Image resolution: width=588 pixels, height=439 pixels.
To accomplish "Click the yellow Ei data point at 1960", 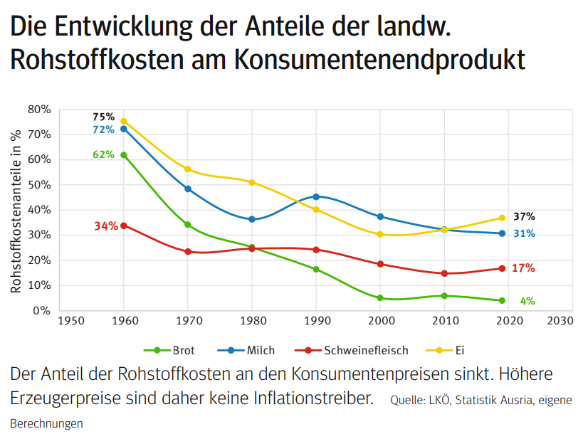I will click(x=124, y=122).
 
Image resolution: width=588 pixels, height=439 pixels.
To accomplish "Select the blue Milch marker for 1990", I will click(x=316, y=196).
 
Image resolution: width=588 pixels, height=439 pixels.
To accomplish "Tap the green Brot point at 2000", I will click(x=380, y=298).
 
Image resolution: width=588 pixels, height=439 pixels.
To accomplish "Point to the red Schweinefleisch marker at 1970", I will click(x=188, y=251).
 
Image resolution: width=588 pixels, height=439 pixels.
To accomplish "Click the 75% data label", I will click(x=103, y=117).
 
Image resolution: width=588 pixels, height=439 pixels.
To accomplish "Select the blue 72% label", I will click(x=103, y=129).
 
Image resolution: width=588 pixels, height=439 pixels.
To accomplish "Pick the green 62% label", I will click(x=103, y=154).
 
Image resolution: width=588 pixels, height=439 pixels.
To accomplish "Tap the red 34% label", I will click(x=105, y=226).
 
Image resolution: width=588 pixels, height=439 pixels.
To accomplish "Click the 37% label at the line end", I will click(x=524, y=216).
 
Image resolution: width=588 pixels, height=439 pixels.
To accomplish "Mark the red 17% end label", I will click(x=523, y=268).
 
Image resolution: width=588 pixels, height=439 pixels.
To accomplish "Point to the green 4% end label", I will click(x=527, y=301).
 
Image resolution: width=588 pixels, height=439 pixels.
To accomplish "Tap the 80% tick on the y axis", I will click(x=39, y=110).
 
